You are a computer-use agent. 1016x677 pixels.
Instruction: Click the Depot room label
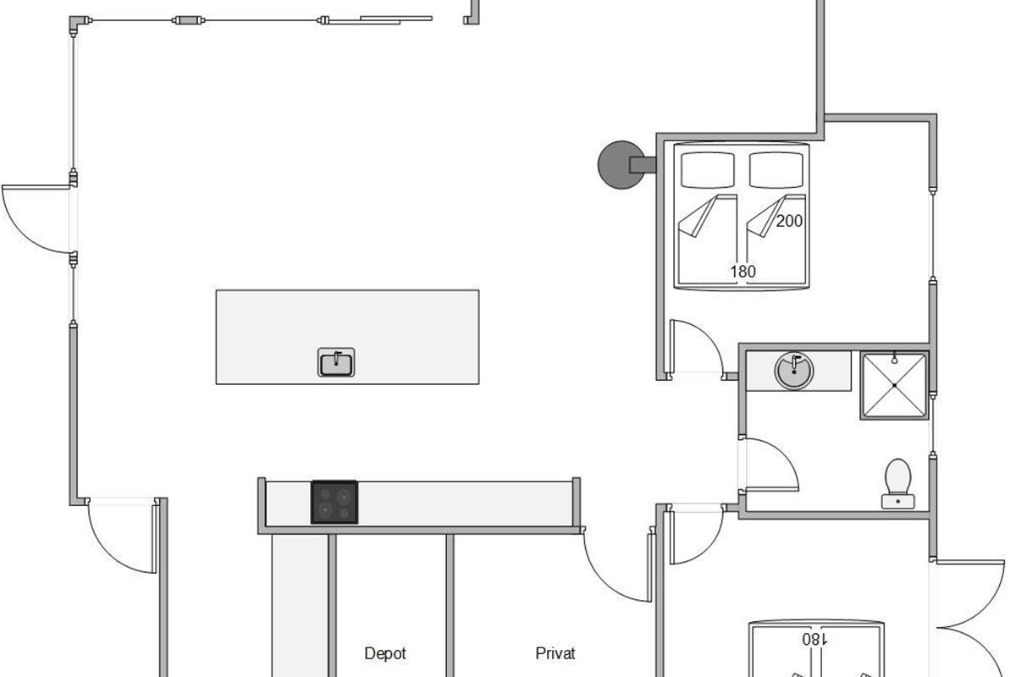coord(385,653)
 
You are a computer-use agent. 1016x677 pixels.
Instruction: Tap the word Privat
coord(555,653)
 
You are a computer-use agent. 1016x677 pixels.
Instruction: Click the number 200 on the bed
coord(789,221)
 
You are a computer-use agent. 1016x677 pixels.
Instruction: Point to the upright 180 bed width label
coord(743,272)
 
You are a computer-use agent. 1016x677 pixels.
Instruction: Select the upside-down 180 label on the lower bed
coord(814,640)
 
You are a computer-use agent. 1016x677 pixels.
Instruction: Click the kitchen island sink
coord(336,362)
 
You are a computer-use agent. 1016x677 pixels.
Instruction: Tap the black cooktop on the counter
coord(334,502)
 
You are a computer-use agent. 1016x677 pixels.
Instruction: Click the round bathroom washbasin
coord(794,371)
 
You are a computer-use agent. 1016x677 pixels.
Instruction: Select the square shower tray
coord(894,385)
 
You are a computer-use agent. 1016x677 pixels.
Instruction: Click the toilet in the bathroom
coord(898,483)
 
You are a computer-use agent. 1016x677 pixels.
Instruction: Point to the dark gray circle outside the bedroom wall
coord(620,165)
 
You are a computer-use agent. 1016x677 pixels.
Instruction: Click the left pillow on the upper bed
coord(708,170)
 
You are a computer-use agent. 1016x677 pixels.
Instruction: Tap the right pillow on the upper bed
coord(776,170)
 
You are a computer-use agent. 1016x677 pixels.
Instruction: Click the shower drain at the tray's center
coord(894,385)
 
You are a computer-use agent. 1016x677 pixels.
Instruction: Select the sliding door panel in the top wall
coord(380,20)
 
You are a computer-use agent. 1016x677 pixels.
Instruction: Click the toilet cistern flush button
coord(898,502)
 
